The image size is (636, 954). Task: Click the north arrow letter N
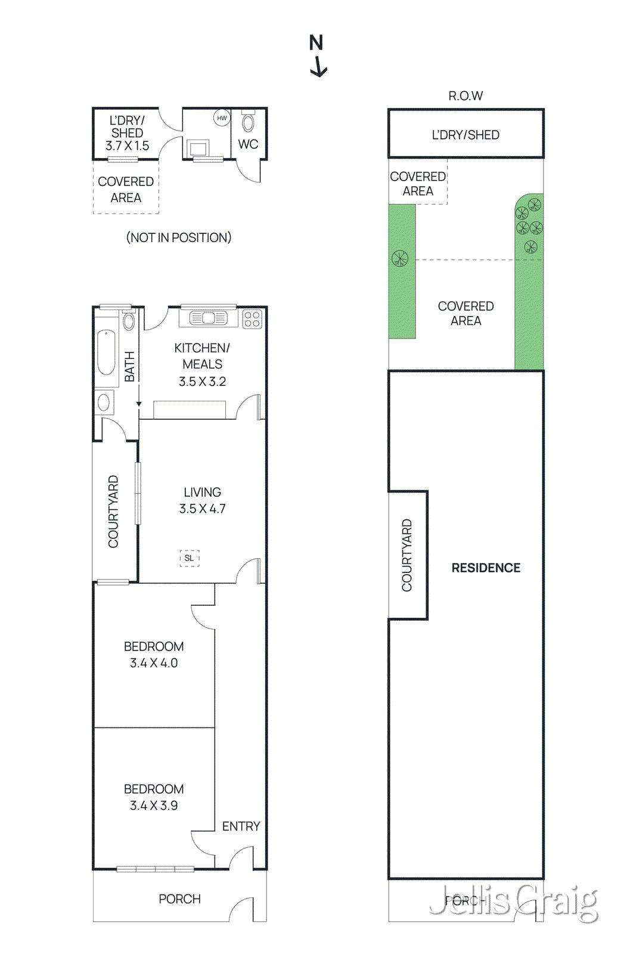pyautogui.click(x=316, y=43)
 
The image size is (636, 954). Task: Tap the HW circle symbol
pyautogui.click(x=222, y=118)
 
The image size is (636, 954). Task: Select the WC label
pyautogui.click(x=248, y=144)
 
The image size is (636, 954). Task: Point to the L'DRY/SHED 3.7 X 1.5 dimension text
pyautogui.click(x=127, y=145)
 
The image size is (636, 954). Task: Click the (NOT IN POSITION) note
pyautogui.click(x=178, y=237)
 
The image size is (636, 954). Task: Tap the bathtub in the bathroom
pyautogui.click(x=106, y=352)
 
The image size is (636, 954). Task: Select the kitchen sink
pyautogui.click(x=208, y=318)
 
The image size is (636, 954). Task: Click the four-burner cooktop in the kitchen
pyautogui.click(x=252, y=319)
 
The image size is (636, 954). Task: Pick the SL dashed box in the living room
pyautogui.click(x=189, y=558)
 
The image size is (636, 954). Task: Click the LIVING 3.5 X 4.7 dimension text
pyautogui.click(x=202, y=509)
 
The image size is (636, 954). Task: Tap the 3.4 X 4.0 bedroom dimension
pyautogui.click(x=154, y=663)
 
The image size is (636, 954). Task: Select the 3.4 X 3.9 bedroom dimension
pyautogui.click(x=154, y=806)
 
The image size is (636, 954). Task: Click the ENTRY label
pyautogui.click(x=241, y=826)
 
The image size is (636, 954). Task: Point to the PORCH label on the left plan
pyautogui.click(x=179, y=899)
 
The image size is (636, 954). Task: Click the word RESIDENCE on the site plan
pyautogui.click(x=486, y=568)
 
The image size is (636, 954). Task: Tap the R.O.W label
pyautogui.click(x=466, y=95)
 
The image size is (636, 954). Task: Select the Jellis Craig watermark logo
pyautogui.click(x=514, y=902)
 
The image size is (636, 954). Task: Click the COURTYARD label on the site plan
pyautogui.click(x=407, y=555)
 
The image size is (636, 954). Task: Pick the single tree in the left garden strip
pyautogui.click(x=400, y=258)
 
